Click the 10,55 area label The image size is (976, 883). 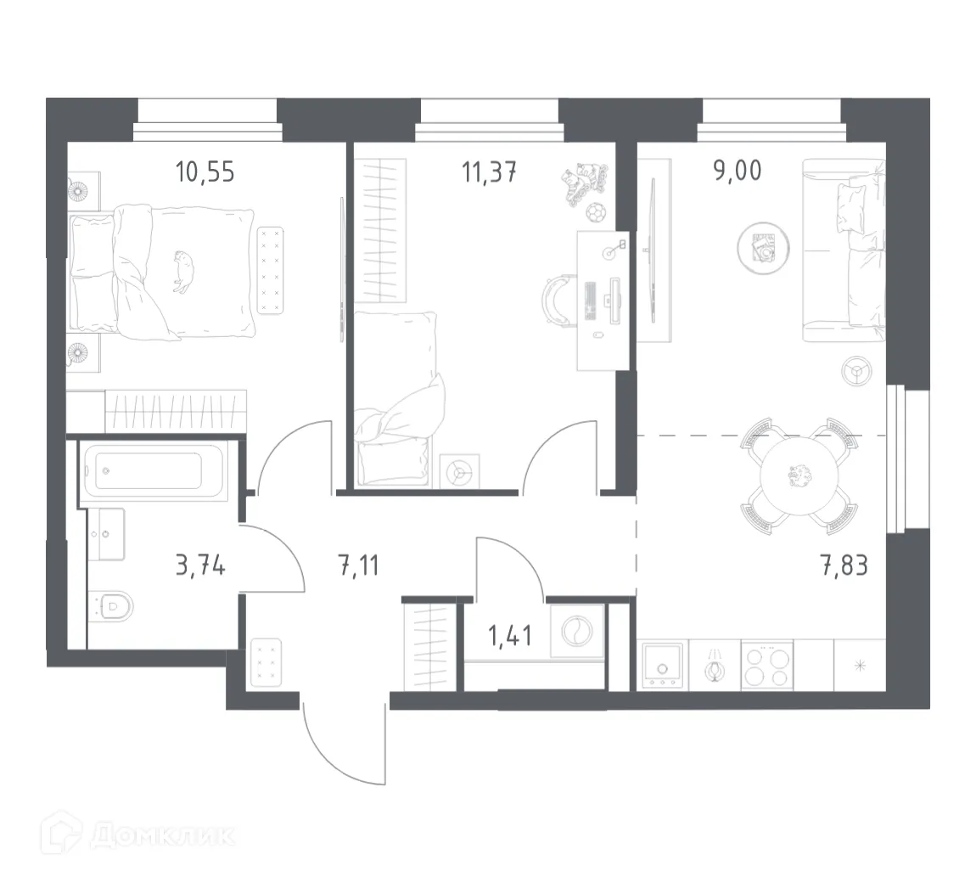205,172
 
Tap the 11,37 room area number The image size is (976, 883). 489,172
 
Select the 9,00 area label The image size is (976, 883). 736,170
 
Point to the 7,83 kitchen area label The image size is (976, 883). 844,565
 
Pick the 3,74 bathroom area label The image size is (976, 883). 200,565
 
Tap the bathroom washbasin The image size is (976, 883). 108,533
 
